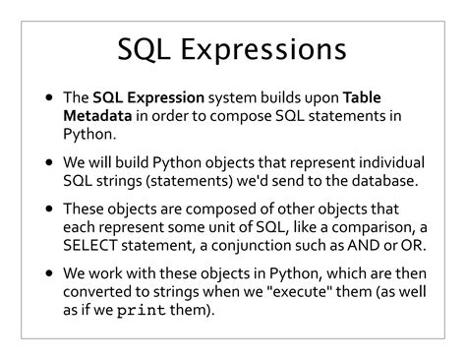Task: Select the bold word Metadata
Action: coord(98,116)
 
